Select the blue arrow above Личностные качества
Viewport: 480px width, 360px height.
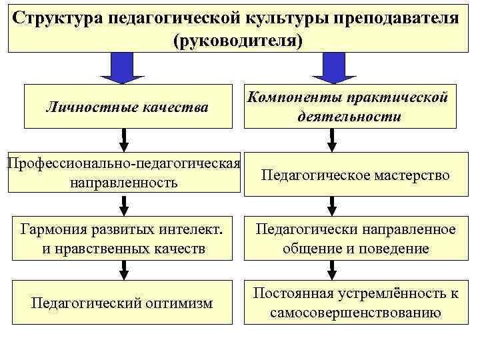coord(122,67)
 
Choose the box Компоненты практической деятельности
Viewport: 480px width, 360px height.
coord(349,106)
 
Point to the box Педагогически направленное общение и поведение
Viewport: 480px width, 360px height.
coord(356,239)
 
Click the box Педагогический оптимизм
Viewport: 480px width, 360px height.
coord(122,303)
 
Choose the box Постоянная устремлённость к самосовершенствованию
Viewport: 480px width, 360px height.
coord(356,303)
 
